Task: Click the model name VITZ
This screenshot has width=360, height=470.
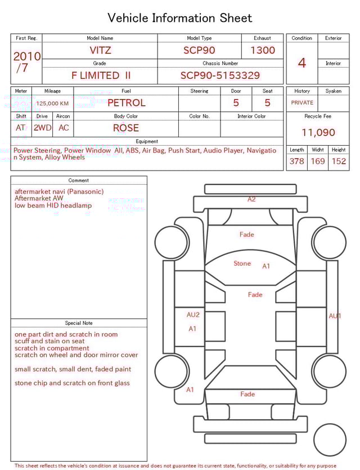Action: click(100, 50)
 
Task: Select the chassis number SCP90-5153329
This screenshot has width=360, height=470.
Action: click(220, 75)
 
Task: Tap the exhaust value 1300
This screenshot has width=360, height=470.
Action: click(263, 50)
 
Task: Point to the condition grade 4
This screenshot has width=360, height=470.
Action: click(302, 63)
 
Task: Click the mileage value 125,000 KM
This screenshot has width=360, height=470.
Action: click(52, 104)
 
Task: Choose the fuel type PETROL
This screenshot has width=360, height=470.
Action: click(126, 102)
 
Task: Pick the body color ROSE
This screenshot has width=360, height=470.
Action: click(126, 128)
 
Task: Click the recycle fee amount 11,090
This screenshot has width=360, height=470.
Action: click(318, 133)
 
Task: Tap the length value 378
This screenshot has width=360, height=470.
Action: click(296, 161)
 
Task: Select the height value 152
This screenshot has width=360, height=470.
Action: click(339, 161)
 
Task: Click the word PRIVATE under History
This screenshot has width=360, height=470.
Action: click(302, 103)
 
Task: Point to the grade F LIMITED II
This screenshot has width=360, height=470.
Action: click(101, 75)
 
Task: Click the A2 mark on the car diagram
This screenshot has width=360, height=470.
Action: click(251, 199)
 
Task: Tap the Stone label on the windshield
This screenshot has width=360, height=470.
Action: click(242, 263)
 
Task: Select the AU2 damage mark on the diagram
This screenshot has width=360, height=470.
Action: click(193, 315)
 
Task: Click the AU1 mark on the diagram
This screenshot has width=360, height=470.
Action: click(335, 316)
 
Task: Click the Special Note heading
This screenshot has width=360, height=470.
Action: click(79, 323)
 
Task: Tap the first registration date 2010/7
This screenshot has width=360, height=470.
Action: click(26, 62)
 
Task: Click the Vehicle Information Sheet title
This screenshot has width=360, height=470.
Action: click(180, 18)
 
